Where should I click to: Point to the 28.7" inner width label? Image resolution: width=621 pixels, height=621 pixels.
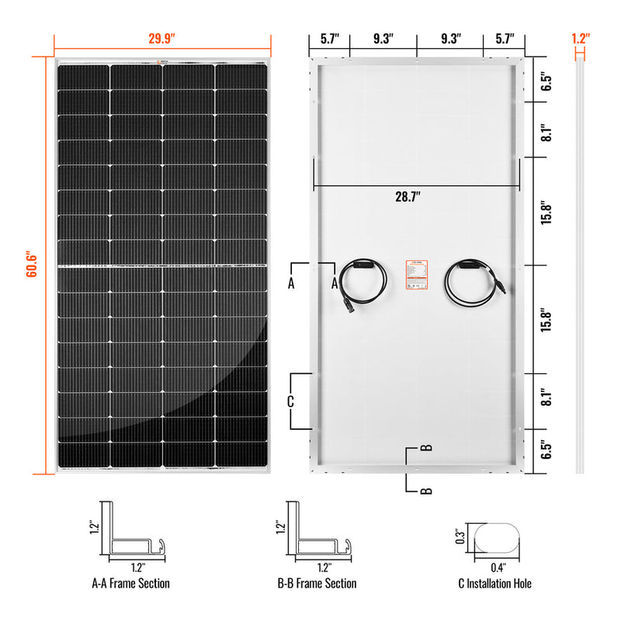408,197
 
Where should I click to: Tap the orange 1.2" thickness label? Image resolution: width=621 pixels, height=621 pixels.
580,37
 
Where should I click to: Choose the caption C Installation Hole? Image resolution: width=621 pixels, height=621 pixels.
495,583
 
